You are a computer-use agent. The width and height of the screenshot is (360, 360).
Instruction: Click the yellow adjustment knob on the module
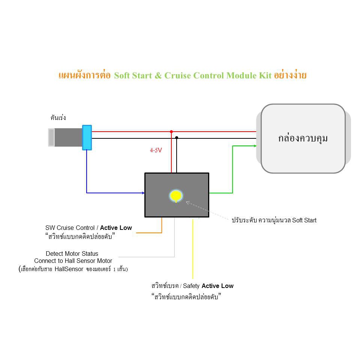[176, 196]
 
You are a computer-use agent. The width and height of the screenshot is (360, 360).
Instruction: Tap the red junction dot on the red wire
[171, 132]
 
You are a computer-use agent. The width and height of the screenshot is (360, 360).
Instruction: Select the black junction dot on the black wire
[177, 138]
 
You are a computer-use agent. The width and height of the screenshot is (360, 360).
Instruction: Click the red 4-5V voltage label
[156, 150]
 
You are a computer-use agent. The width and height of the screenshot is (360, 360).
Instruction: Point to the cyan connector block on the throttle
[87, 138]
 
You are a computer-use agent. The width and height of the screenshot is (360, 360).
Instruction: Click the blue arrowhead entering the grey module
[143, 193]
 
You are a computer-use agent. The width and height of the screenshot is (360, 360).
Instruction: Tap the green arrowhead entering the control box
[255, 146]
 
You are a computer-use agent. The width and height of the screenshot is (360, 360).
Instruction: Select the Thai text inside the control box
[303, 138]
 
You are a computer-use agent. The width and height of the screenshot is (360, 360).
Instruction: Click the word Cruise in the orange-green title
[177, 75]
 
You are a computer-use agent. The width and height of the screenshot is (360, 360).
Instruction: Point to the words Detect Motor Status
[72, 253]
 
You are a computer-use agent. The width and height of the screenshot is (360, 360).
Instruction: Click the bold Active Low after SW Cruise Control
[116, 228]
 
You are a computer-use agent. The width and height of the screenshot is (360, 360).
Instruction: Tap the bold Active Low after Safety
[217, 286]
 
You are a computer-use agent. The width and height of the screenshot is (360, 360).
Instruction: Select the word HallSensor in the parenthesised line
[69, 269]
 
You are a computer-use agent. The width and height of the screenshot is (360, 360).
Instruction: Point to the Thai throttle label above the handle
[58, 117]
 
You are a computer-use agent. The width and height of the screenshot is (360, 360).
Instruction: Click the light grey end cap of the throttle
[51, 137]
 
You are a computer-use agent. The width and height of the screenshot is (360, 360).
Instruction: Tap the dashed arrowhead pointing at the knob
[188, 203]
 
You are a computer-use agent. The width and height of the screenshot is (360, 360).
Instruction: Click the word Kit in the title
[265, 75]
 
